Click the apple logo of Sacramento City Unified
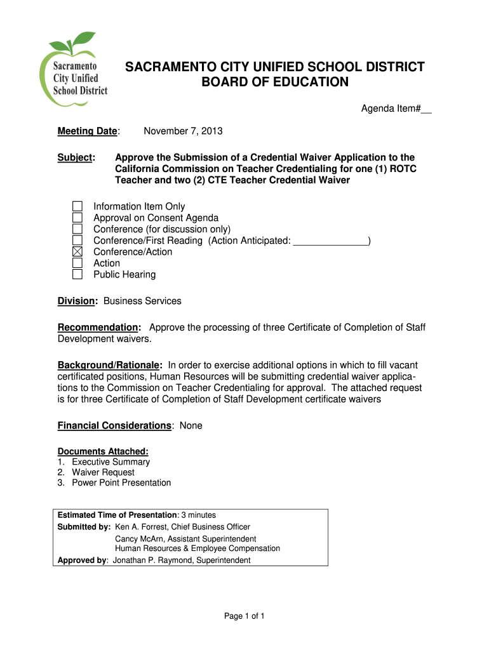coord(73,70)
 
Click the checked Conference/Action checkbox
coord(77,252)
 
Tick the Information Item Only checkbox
coord(77,206)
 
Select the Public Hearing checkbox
coord(77,275)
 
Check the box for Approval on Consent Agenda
coord(77,218)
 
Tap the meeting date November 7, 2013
coord(183,131)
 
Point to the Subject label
coord(76,157)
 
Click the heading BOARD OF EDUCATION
coord(275,83)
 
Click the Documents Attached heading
coord(103,451)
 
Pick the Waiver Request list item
coord(103,472)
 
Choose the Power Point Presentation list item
coord(121,483)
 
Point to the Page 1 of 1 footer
coord(245,616)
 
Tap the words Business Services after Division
coord(142,301)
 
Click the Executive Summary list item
coord(111,462)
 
